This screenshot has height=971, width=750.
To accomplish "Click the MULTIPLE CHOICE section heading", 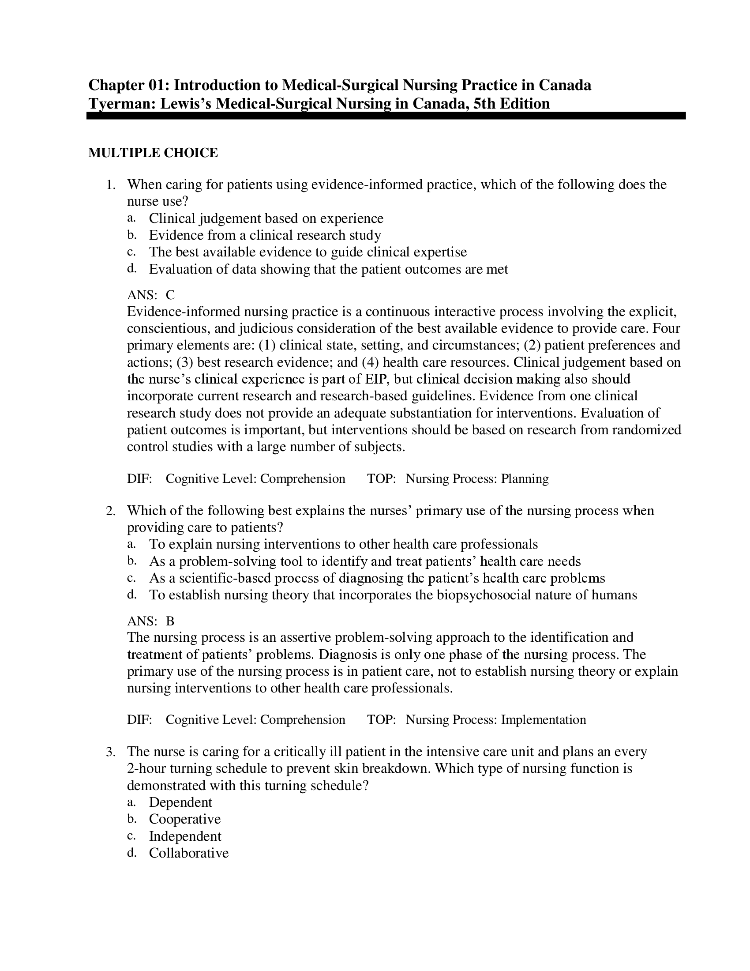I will pyautogui.click(x=153, y=153).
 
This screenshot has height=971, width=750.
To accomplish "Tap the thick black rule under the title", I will pyautogui.click(x=386, y=116).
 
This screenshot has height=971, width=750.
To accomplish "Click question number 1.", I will pyautogui.click(x=111, y=185).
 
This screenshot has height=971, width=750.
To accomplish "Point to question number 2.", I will pyautogui.click(x=111, y=511).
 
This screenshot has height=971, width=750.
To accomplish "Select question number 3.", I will pyautogui.click(x=111, y=752).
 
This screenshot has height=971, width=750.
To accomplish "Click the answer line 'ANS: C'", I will pyautogui.click(x=151, y=295).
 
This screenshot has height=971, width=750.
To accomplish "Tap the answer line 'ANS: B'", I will pyautogui.click(x=150, y=621).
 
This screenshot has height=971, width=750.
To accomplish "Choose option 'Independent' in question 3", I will pyautogui.click(x=185, y=836).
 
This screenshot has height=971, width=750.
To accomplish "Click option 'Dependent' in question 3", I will pyautogui.click(x=180, y=802).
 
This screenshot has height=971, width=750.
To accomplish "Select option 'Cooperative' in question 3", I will pyautogui.click(x=185, y=819).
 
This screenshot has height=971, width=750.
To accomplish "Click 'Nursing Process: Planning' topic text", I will pyautogui.click(x=477, y=479).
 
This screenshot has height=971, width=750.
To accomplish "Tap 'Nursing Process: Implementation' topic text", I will pyautogui.click(x=495, y=720).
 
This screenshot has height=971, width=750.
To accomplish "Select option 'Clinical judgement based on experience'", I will pyautogui.click(x=266, y=218).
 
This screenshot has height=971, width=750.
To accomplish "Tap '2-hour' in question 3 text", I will pyautogui.click(x=146, y=769).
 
